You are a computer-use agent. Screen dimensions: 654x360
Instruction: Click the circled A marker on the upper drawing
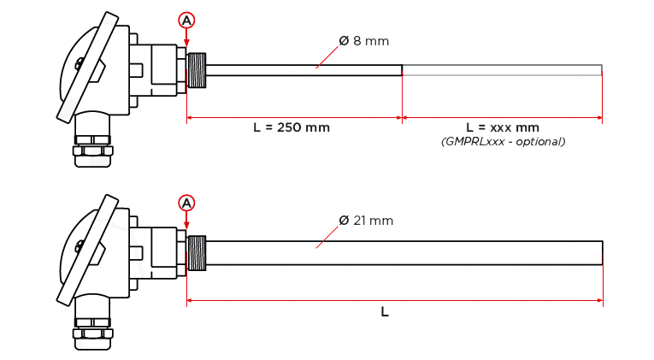coord(186,20)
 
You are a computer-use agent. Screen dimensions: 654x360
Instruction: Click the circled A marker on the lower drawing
coord(186,204)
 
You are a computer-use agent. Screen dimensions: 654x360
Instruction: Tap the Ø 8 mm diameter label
coord(363,41)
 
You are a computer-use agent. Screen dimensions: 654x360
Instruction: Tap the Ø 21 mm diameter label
coord(366,221)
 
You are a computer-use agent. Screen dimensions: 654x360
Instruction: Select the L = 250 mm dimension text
coord(292,127)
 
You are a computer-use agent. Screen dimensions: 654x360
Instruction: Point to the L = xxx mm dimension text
coord(503,127)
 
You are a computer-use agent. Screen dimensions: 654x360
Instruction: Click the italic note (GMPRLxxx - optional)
coord(503,142)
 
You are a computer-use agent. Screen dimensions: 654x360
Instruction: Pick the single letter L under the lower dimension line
coord(385,311)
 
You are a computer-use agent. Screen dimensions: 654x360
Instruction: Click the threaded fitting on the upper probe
coord(197,70)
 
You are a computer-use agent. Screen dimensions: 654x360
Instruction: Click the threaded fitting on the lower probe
coord(197,253)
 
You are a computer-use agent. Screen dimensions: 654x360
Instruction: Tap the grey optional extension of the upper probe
coord(502,70)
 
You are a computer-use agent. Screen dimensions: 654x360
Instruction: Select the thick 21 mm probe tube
coord(404,253)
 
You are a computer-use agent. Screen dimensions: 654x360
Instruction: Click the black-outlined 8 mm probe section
coord(303,70)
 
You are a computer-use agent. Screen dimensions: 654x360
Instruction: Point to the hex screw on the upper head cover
coord(79,64)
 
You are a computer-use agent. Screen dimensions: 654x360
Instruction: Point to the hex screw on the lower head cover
coord(79,246)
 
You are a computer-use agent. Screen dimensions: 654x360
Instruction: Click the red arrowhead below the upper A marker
coord(186,43)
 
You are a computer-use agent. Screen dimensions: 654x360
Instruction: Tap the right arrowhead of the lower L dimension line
coord(600,300)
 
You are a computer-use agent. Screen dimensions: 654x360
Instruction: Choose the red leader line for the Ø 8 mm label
coord(327,57)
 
